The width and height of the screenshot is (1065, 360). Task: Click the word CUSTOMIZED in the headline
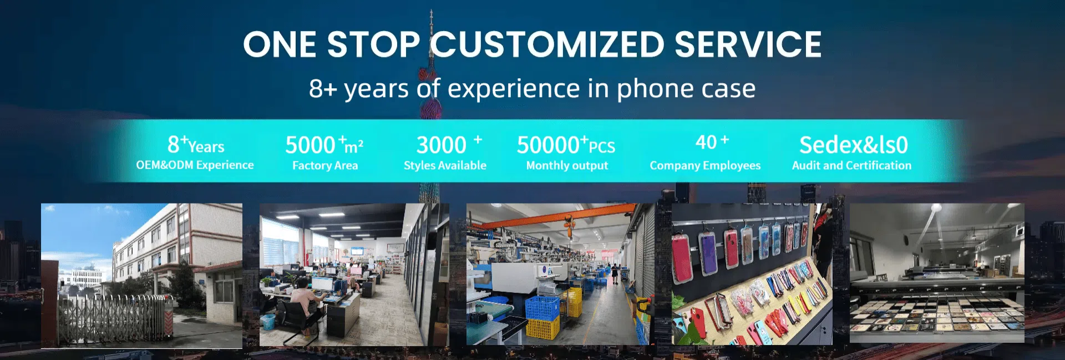548,44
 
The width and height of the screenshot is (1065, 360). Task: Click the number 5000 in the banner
310,145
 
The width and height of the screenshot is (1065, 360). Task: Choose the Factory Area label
325,165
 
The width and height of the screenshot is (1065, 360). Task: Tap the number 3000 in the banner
441,145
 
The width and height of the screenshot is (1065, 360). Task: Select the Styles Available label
445,165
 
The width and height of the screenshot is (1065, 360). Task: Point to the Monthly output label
567,165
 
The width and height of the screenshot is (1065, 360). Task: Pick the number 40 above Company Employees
706,143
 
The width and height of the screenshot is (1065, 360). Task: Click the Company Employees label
705,165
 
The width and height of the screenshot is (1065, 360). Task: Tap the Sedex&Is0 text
853,145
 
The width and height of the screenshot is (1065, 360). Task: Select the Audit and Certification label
851,165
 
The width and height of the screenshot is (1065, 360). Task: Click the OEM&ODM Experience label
195,165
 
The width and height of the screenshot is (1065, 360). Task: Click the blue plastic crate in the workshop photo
542,308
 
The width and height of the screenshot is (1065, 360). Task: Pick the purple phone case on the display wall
708,254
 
